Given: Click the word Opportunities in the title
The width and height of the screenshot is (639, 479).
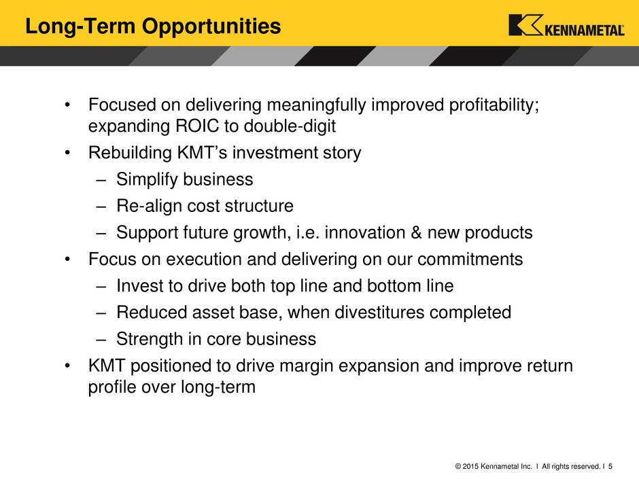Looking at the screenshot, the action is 211,27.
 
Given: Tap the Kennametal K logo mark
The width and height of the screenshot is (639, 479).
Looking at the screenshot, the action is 525,25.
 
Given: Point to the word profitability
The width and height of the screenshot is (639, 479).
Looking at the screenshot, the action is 494,105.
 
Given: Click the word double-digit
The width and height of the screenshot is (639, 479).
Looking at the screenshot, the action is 290,126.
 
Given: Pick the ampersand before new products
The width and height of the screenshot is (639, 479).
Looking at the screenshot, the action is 416,232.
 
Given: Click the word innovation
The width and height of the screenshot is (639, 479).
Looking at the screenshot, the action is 365,232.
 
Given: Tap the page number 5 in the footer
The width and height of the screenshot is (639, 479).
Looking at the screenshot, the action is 610,466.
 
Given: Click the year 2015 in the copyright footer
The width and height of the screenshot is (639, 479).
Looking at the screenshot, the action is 470,466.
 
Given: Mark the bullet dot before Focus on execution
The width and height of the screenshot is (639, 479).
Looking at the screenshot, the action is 68,260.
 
